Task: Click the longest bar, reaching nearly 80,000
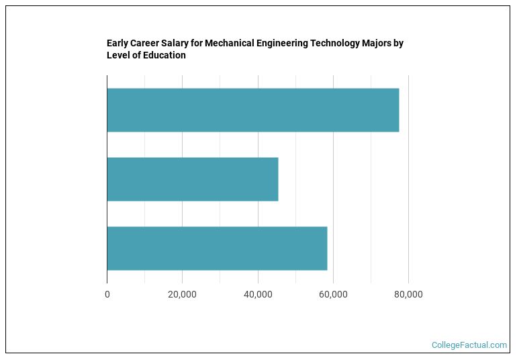[252, 110]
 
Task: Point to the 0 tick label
[107, 294]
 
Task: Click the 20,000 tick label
[182, 294]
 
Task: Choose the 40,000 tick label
[258, 294]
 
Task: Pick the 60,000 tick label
[333, 294]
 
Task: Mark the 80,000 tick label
[408, 294]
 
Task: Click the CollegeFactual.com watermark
[469, 345]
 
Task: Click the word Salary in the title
[172, 44]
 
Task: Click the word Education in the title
[163, 56]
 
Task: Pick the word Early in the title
[119, 44]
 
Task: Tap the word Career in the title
[146, 44]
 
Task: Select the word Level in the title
[118, 56]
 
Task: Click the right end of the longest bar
[398, 110]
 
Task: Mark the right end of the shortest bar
[277, 179]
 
